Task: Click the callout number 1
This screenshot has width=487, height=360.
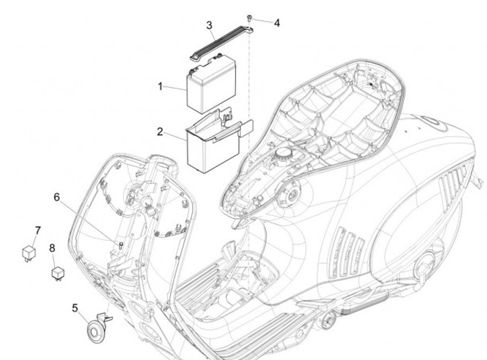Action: [160, 87]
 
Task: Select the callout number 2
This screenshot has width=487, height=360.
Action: [160, 131]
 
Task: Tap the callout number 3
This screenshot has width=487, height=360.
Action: [210, 26]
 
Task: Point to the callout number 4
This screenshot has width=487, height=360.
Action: [277, 22]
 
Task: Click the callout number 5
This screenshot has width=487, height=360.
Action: [75, 309]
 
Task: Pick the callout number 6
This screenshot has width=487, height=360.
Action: [57, 197]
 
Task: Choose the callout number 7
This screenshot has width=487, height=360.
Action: [38, 230]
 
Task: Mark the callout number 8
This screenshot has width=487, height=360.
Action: [52, 248]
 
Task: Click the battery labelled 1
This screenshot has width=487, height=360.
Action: [210, 85]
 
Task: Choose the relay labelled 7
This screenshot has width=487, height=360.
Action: [29, 252]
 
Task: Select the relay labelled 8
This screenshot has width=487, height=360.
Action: [57, 273]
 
